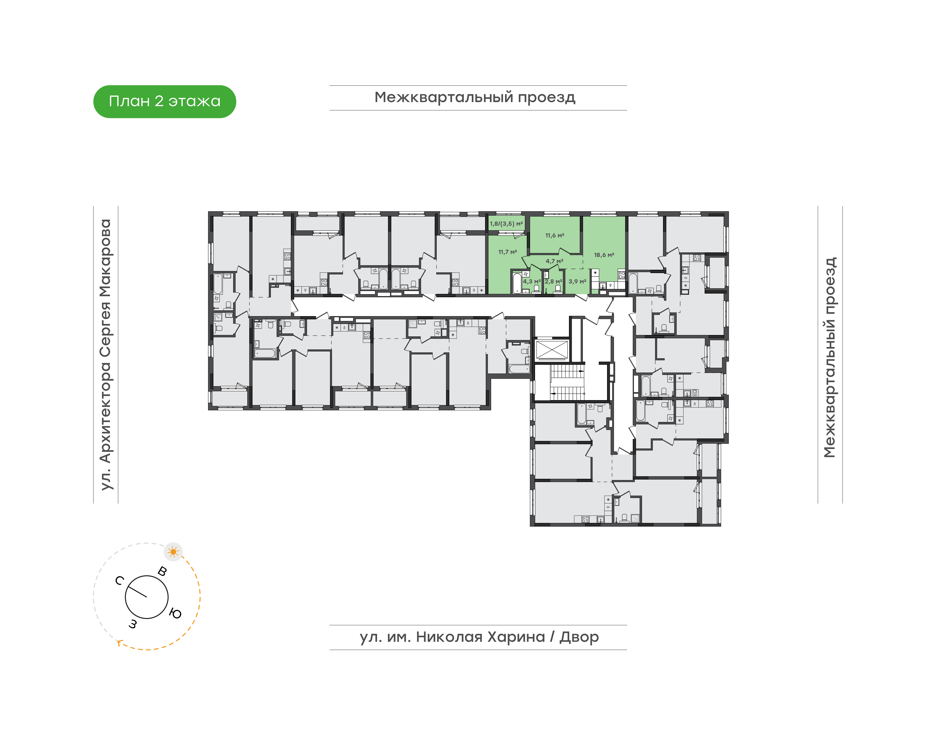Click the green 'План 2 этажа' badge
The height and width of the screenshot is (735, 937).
coord(164,102)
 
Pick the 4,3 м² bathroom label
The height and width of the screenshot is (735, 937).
coord(532,281)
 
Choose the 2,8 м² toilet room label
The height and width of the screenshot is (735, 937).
coord(553,281)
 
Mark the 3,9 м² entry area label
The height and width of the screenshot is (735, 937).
coord(577,281)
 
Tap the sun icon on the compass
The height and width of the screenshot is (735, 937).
coord(174,552)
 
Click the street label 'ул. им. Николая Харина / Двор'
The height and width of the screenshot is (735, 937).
coord(479,637)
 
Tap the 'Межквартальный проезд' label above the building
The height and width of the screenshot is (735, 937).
coord(475,98)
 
